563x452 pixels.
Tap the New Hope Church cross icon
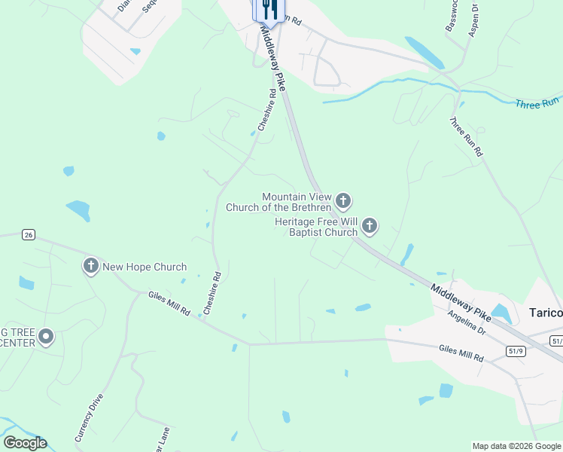90,266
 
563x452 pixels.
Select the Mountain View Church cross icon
343,201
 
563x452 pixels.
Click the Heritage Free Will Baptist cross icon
369,225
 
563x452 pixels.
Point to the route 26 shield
28,234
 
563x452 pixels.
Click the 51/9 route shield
516,350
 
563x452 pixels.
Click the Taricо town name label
545,313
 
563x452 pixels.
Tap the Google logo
25,443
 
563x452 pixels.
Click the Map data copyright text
516,446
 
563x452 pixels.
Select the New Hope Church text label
145,267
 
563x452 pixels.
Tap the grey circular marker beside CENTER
46,336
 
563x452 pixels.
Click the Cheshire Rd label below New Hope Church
212,293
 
